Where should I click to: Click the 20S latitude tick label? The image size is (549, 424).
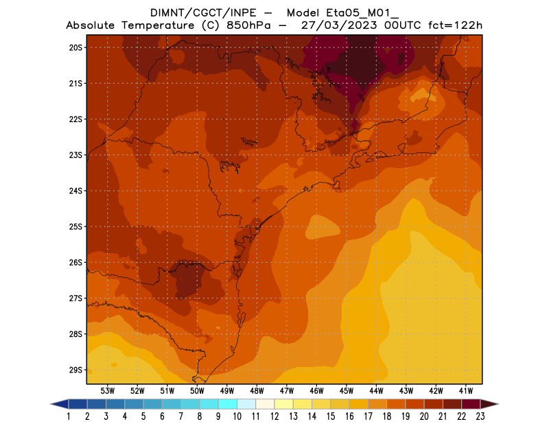75,48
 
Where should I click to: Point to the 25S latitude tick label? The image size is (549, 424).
75,226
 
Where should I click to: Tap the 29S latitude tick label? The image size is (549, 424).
75,370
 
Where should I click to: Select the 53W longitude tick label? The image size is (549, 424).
108,390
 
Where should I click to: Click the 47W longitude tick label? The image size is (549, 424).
287,390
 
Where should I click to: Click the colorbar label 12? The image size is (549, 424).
274,416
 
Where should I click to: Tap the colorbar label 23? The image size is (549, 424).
480,416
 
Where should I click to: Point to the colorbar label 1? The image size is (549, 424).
69,416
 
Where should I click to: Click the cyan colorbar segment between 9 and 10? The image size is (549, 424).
228,403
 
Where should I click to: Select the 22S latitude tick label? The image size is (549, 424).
75,119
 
